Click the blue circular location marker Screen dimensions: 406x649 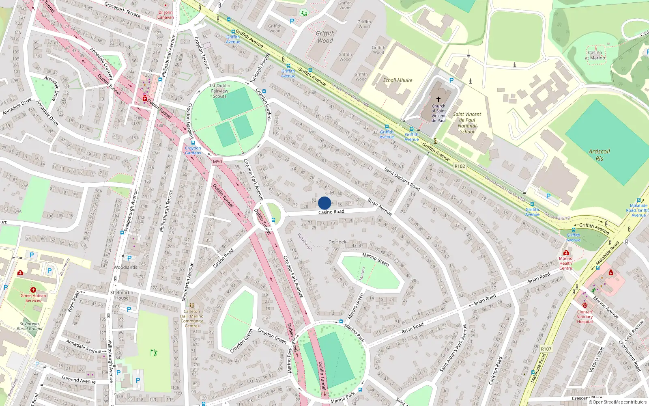pyautogui.click(x=324, y=203)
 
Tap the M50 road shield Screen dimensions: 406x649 pyautogui.click(x=217, y=162)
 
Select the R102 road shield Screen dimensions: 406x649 pyautogui.click(x=460, y=166)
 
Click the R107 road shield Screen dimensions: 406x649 pyautogui.click(x=546, y=349)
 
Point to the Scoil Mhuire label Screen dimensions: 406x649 pyautogui.click(x=398, y=80)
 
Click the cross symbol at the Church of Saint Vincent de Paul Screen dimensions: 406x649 pyautogui.click(x=438, y=99)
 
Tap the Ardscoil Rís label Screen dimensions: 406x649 pyautogui.click(x=599, y=155)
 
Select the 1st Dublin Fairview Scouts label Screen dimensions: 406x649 pyautogui.click(x=219, y=91)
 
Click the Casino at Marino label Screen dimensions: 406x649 pyautogui.click(x=595, y=55)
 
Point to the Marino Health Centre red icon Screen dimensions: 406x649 pyautogui.click(x=566, y=253)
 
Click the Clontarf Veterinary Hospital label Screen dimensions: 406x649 pyautogui.click(x=585, y=317)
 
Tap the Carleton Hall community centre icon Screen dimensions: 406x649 pyautogui.click(x=192, y=305)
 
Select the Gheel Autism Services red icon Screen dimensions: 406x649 pyautogui.click(x=33, y=290)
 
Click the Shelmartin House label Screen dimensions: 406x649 pyautogui.click(x=122, y=295)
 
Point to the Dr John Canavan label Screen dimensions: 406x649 pyautogui.click(x=165, y=15)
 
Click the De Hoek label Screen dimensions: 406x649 pyautogui.click(x=337, y=242)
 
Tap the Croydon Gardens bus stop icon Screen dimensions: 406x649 pyautogui.click(x=193, y=143)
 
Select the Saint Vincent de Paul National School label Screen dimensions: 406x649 pyautogui.click(x=467, y=123)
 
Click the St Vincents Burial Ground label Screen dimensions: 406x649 pyautogui.click(x=30, y=326)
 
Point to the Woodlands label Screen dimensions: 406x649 pyautogui.click(x=125, y=268)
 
